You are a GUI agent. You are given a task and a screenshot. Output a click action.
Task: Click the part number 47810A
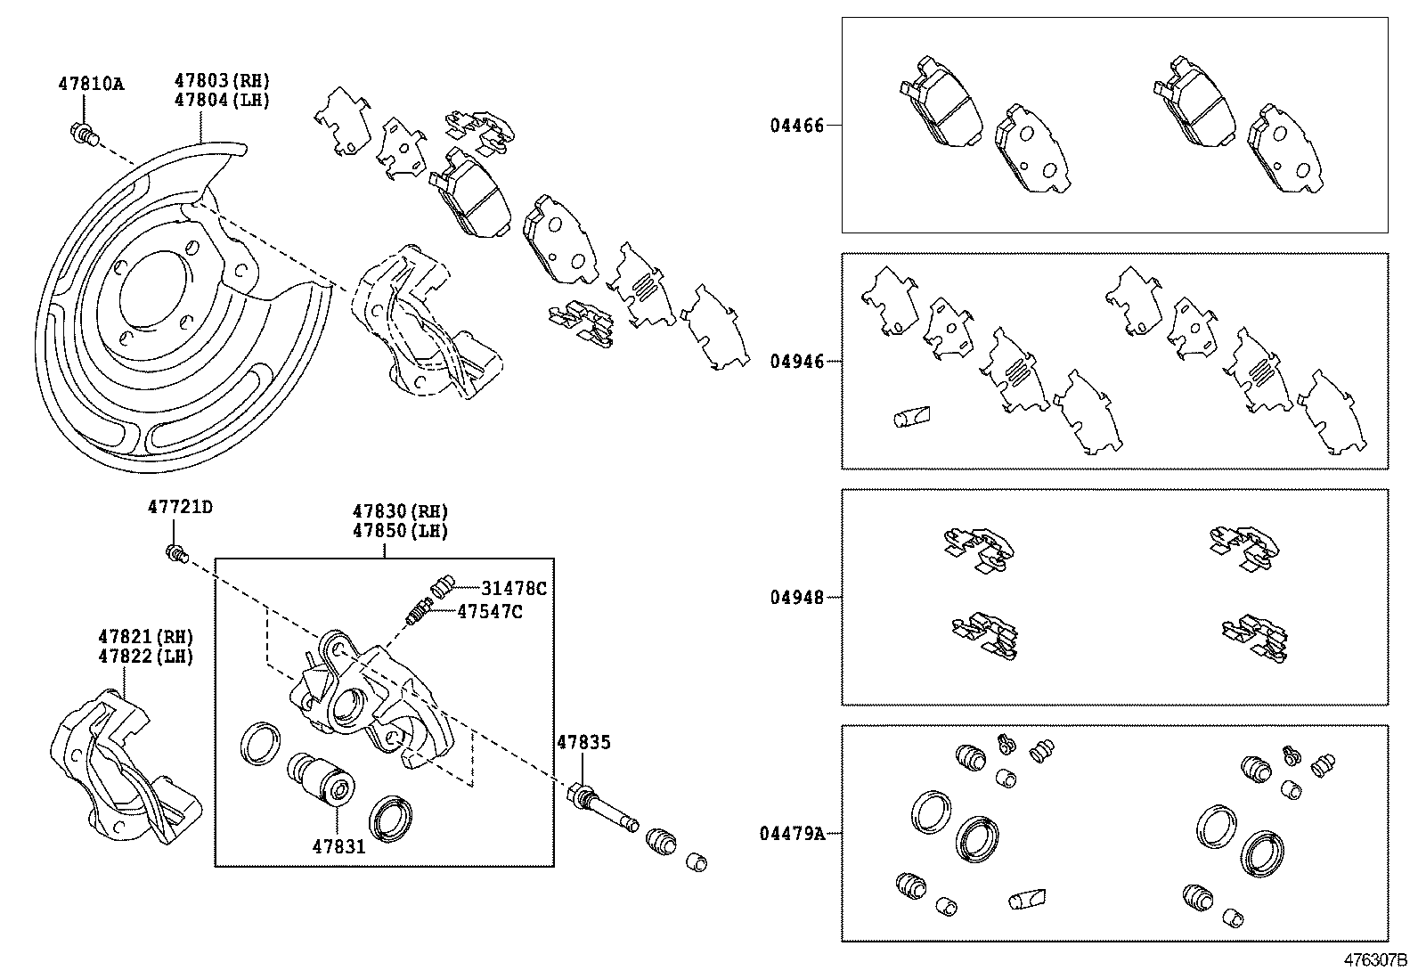pyautogui.click(x=91, y=85)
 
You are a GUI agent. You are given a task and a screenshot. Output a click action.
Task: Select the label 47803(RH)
pyautogui.click(x=221, y=81)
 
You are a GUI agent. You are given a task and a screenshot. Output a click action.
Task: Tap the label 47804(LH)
pyautogui.click(x=221, y=100)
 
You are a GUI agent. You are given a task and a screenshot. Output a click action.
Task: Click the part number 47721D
pyautogui.click(x=180, y=508)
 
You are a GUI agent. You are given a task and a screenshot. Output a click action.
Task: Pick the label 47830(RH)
pyautogui.click(x=400, y=511)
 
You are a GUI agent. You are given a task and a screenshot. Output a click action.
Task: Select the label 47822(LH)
pyautogui.click(x=145, y=657)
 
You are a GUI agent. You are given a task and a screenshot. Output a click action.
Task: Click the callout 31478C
pyautogui.click(x=513, y=588)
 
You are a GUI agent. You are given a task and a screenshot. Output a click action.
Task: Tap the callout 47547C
pyautogui.click(x=490, y=611)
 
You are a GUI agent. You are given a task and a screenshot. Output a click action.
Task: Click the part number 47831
pyautogui.click(x=338, y=846)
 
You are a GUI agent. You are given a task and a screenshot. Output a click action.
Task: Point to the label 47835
pyautogui.click(x=583, y=742)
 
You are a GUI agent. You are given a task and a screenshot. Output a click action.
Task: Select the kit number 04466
pyautogui.click(x=797, y=126)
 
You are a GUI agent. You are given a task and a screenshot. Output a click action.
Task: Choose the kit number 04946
pyautogui.click(x=797, y=362)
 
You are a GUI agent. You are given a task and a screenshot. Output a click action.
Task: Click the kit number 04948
pyautogui.click(x=797, y=598)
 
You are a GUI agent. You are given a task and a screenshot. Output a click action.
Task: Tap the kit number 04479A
pyautogui.click(x=792, y=834)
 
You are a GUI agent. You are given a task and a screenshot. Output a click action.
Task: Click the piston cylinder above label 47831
pyautogui.click(x=322, y=778)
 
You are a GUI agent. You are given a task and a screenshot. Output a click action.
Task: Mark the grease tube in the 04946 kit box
pyautogui.click(x=910, y=416)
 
